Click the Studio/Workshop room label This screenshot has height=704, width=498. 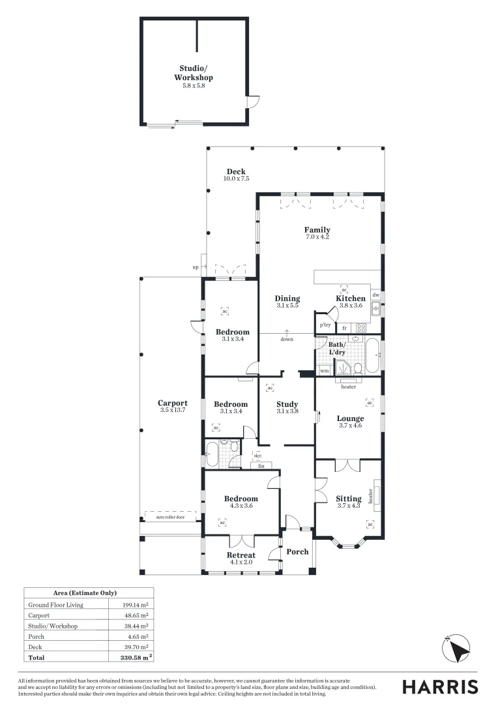(193, 73)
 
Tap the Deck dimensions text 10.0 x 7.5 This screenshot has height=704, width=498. (236, 179)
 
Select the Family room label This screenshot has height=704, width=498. (317, 229)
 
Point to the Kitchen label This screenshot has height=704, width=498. (351, 299)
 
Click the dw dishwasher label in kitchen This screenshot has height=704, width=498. (375, 295)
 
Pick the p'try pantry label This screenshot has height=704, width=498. (324, 325)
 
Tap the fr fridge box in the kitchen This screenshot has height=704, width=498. (344, 328)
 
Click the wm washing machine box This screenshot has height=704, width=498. (324, 371)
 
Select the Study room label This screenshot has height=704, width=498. (287, 404)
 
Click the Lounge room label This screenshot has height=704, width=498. (350, 418)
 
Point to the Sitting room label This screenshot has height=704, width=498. (349, 499)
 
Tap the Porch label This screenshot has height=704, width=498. (298, 551)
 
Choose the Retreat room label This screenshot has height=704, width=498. (241, 555)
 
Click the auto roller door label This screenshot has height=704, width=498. (170, 517)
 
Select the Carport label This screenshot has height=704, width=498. (173, 403)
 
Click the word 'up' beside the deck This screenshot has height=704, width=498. (195, 267)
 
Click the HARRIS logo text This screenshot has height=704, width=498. (439, 686)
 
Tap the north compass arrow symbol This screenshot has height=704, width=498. (460, 649)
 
